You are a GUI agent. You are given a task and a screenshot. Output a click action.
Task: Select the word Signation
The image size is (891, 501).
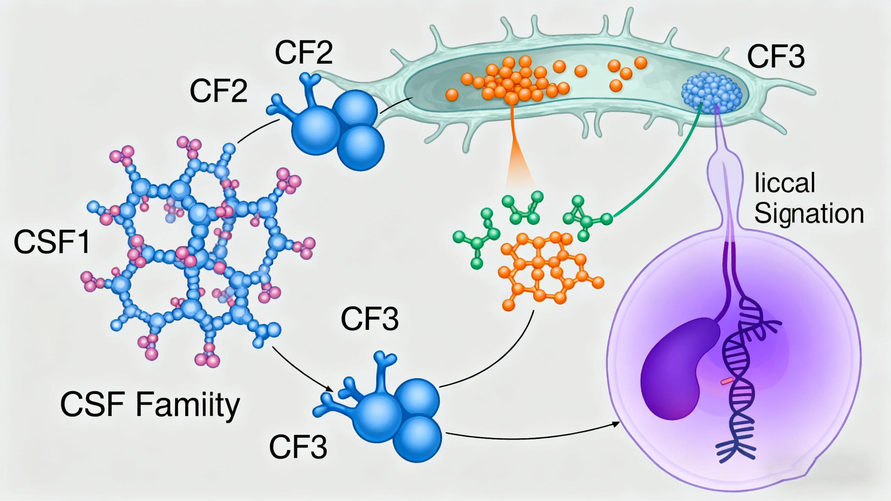(x=809, y=214)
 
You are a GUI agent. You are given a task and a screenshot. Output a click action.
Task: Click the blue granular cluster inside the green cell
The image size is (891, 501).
(x=711, y=92)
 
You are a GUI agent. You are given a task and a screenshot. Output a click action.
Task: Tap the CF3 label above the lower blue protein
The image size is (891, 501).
(x=369, y=319)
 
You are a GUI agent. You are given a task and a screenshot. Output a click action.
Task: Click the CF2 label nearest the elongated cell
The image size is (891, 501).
(x=304, y=53)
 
